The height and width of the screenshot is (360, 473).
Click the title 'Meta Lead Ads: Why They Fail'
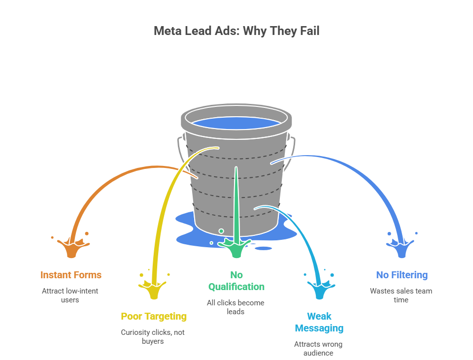point(236,31)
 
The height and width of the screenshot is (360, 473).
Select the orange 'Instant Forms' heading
point(71,275)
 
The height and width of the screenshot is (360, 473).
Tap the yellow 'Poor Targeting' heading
point(154,316)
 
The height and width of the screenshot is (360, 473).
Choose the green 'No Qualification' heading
point(236,281)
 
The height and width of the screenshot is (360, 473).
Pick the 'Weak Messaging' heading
point(319,322)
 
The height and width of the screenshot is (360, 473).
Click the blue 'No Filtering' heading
point(402,275)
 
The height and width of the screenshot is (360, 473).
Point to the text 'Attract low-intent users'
point(70,295)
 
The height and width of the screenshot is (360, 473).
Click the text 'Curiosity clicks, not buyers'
point(153,336)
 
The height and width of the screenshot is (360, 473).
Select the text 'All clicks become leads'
point(236,307)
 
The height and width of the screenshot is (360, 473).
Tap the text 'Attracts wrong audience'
point(318,348)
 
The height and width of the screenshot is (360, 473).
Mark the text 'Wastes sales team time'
point(401,295)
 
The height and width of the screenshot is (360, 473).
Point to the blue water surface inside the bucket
point(236,122)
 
